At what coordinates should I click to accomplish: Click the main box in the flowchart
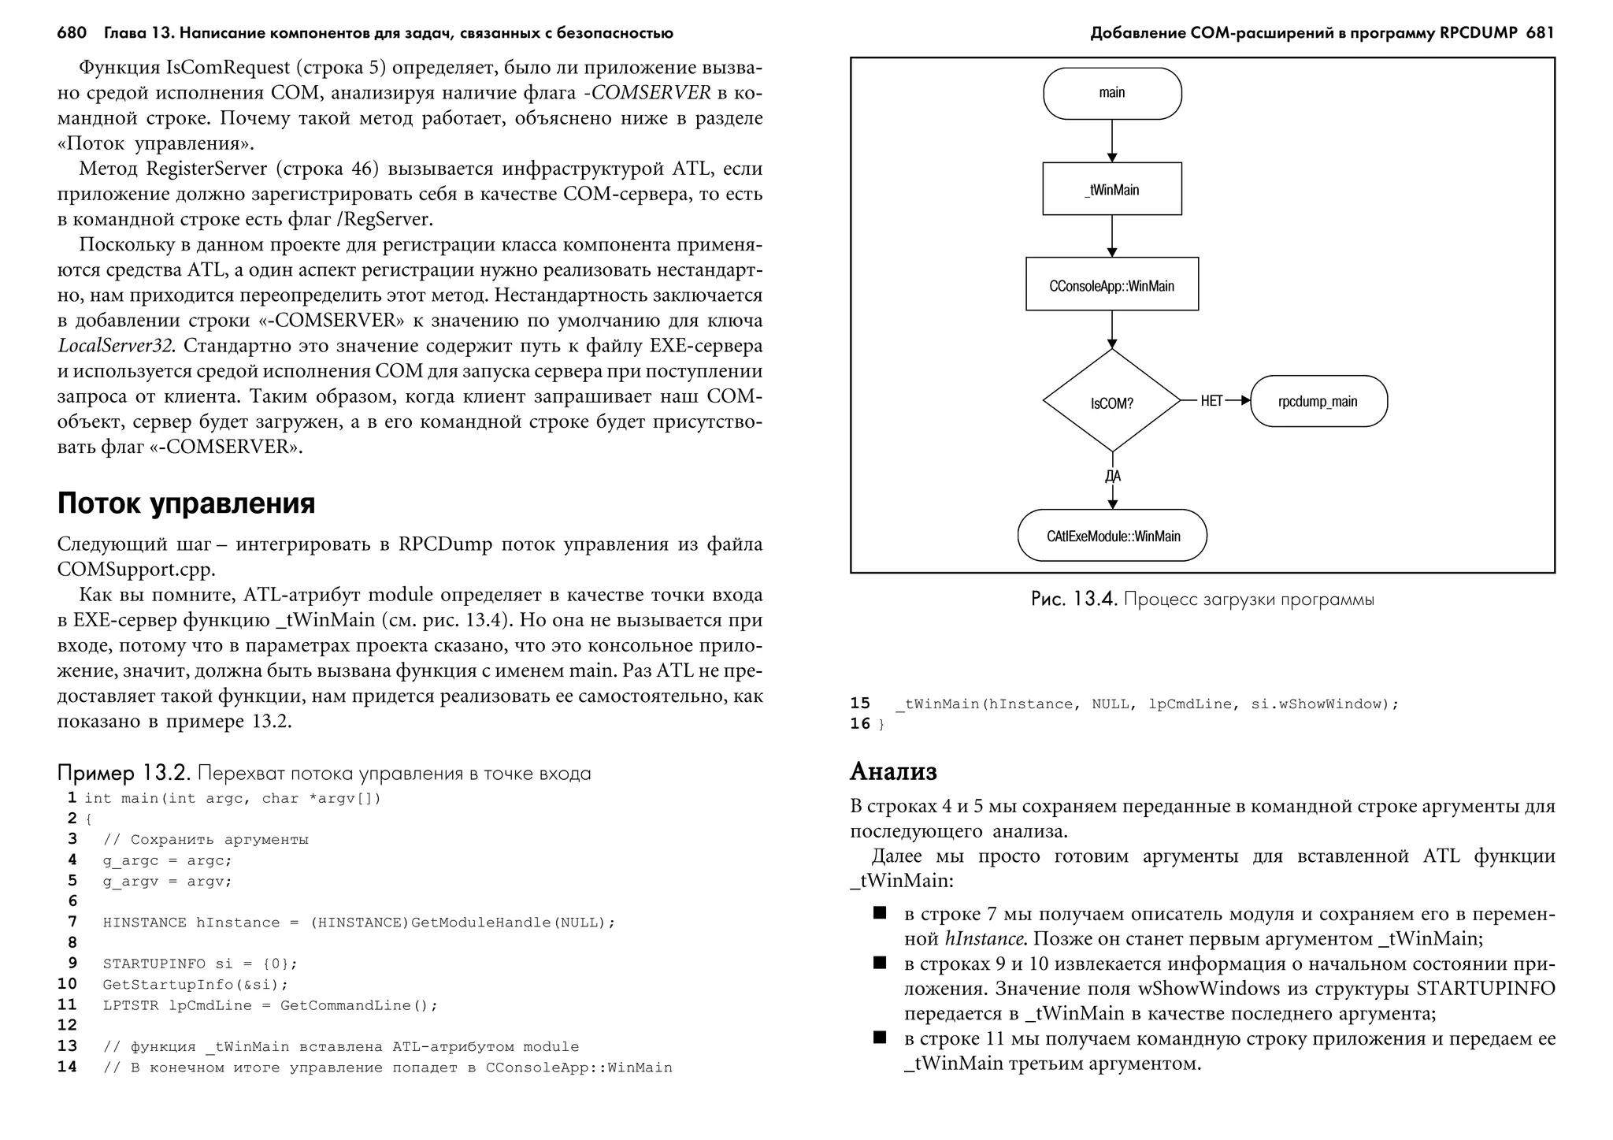pyautogui.click(x=1111, y=93)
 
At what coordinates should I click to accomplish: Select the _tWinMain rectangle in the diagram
pyautogui.click(x=1111, y=189)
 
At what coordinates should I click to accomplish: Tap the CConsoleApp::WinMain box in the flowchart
pyautogui.click(x=1111, y=284)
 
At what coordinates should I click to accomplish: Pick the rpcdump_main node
pyautogui.click(x=1318, y=401)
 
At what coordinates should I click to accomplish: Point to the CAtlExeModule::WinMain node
pyautogui.click(x=1111, y=536)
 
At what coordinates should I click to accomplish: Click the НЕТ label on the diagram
pyautogui.click(x=1211, y=401)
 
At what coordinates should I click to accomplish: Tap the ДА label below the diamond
pyautogui.click(x=1112, y=476)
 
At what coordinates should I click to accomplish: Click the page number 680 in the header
pyautogui.click(x=72, y=33)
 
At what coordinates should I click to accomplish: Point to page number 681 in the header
pyautogui.click(x=1540, y=33)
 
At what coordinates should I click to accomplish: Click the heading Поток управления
pyautogui.click(x=186, y=503)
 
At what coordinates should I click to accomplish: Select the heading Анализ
pyautogui.click(x=893, y=771)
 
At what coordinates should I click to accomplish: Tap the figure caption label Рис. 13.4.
pyautogui.click(x=1073, y=599)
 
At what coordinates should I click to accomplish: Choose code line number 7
pyautogui.click(x=72, y=922)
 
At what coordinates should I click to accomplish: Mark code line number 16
pyautogui.click(x=860, y=723)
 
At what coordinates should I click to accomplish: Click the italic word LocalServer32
pyautogui.click(x=118, y=346)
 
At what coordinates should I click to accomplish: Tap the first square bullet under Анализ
pyautogui.click(x=879, y=913)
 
